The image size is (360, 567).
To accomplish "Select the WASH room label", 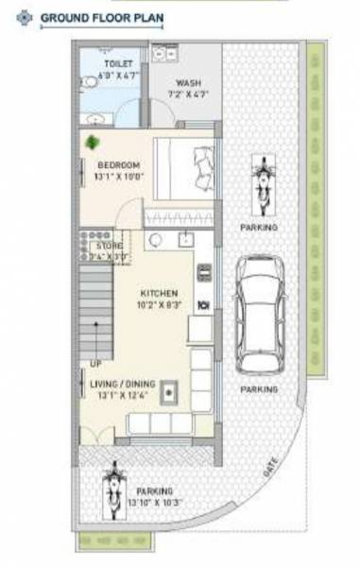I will [x=188, y=82].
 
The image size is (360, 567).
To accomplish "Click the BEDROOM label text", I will [x=118, y=164].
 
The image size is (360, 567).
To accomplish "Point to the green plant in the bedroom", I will [x=93, y=143].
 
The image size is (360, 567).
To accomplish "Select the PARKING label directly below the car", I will [x=258, y=388].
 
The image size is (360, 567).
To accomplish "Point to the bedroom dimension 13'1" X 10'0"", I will [x=118, y=176].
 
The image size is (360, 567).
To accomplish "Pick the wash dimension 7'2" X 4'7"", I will [x=188, y=94].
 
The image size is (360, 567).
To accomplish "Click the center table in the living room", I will [x=170, y=389].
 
